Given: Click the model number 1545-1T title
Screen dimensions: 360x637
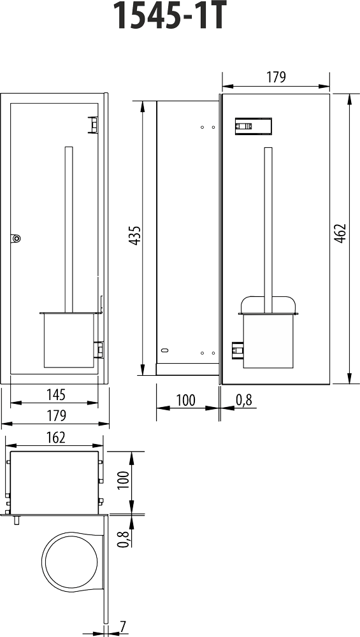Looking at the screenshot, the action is (x=168, y=16).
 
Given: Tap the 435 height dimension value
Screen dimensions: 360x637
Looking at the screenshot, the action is (x=135, y=236).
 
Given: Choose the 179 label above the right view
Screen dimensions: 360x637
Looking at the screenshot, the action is (x=275, y=77).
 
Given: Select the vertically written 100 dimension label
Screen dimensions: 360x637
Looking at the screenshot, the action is (x=124, y=480).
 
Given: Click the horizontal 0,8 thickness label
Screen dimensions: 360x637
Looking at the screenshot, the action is (x=244, y=400).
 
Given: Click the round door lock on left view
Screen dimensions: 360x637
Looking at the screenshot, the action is (x=16, y=239).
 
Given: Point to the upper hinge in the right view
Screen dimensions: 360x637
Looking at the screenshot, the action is (x=254, y=126).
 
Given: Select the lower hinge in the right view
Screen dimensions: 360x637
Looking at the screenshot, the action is (x=238, y=350).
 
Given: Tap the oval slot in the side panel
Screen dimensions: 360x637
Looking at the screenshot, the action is (x=164, y=350).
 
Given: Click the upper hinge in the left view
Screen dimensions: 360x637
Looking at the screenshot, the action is (x=94, y=124).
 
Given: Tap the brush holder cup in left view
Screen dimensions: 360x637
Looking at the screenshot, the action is (x=69, y=340).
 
